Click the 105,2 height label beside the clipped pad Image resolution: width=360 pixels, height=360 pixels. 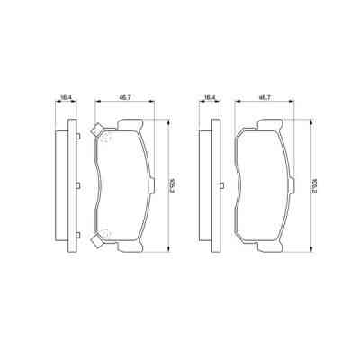[x=169, y=187]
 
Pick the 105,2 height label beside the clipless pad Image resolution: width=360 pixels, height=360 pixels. [x=310, y=187]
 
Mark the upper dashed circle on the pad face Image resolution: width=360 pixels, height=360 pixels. [x=104, y=138]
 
